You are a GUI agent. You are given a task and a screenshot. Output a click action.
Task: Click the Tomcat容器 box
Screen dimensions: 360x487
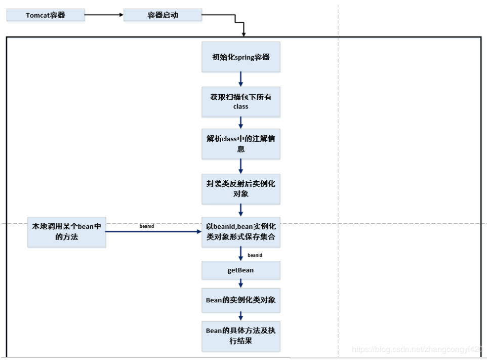(x=46, y=15)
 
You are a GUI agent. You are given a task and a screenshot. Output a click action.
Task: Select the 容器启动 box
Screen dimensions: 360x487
(x=163, y=15)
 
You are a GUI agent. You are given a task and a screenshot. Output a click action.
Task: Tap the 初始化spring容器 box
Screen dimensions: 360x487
(x=240, y=57)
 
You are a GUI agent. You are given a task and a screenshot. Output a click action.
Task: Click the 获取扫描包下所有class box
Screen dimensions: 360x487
(x=240, y=101)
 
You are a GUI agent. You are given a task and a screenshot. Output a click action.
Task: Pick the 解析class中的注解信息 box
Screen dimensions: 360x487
(x=240, y=144)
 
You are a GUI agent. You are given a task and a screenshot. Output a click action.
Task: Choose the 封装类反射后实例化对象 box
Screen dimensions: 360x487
(x=240, y=189)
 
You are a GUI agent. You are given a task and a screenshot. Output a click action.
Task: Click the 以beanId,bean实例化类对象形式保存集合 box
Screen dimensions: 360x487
(x=240, y=232)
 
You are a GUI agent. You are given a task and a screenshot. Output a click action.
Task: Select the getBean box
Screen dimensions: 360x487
(x=240, y=270)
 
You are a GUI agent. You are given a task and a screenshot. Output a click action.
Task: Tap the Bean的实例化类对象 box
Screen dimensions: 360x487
(x=240, y=300)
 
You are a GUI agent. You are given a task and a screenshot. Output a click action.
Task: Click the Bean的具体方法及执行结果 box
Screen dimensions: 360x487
(x=240, y=336)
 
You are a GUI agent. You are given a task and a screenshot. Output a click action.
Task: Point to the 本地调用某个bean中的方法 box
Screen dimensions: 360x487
(x=67, y=232)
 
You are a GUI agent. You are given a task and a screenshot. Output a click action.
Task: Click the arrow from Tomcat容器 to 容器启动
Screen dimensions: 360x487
(x=104, y=15)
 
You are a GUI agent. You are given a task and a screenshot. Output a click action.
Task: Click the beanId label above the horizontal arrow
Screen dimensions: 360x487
(x=146, y=226)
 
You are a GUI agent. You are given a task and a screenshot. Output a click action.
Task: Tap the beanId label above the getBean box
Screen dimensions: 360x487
(x=255, y=255)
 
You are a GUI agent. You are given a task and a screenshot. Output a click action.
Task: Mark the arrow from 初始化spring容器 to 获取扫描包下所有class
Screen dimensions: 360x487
(x=240, y=79)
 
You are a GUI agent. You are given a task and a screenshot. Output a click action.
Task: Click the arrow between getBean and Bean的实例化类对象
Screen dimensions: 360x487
(x=240, y=285)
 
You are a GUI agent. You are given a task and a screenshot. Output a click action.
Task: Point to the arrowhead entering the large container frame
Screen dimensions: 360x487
(x=244, y=33)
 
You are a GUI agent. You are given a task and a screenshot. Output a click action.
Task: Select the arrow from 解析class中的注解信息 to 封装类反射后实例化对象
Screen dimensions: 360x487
(x=240, y=166)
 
